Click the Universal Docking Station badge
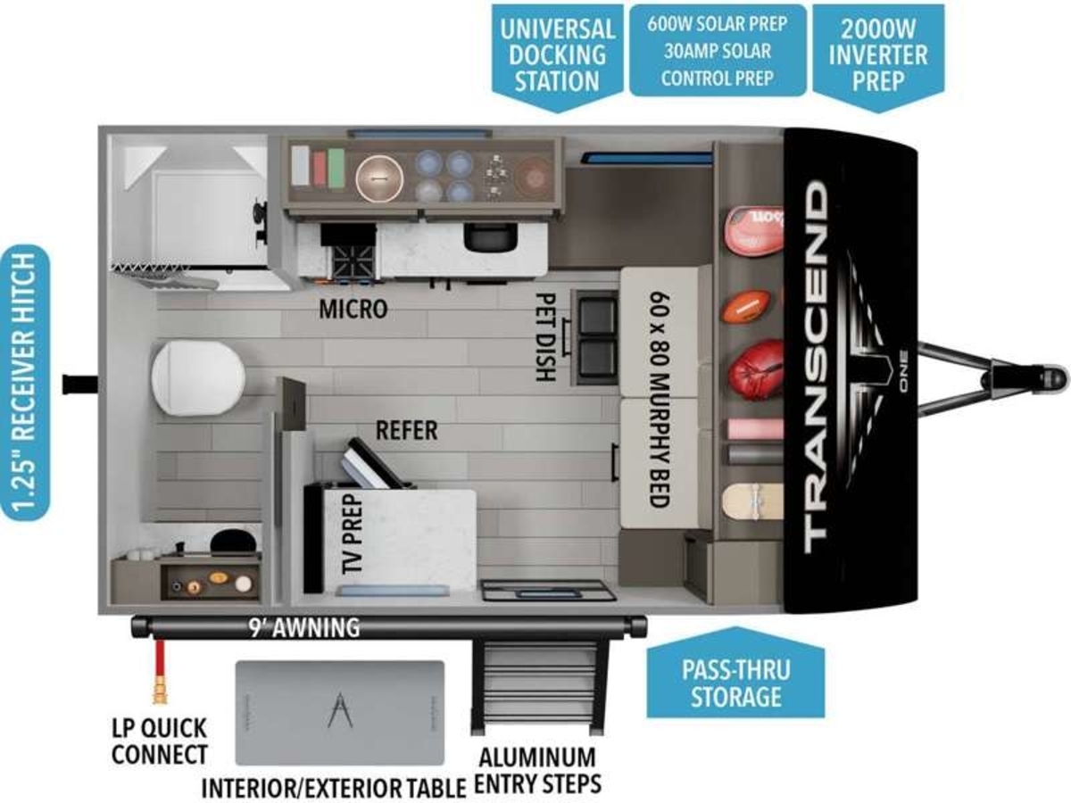(557, 57)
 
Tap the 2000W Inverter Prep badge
(878, 57)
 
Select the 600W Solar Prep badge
(718, 51)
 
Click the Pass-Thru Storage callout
(735, 674)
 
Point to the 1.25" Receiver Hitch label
(25, 383)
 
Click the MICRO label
(353, 309)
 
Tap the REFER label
(406, 431)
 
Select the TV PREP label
(353, 533)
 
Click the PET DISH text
(545, 337)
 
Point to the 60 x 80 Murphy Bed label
(660, 400)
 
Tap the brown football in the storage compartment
(745, 306)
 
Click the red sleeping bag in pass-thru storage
(756, 369)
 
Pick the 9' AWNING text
(304, 627)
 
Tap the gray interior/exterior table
(340, 714)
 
